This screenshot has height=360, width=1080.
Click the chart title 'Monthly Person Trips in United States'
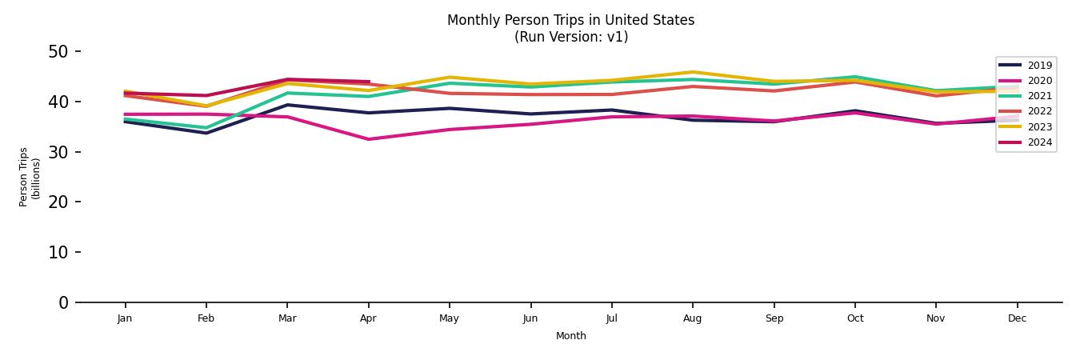[570, 20]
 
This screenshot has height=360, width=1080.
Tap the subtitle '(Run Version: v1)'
[570, 37]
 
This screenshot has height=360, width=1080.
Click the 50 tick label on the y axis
[58, 52]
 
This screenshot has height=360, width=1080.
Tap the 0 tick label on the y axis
[64, 302]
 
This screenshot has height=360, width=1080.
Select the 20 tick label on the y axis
[58, 202]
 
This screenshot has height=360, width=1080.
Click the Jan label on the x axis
[125, 318]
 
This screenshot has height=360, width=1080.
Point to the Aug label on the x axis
[693, 318]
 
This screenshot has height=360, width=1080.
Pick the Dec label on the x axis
[1017, 318]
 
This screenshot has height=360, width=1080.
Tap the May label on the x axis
[449, 318]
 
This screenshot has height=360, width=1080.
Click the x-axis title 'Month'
[570, 336]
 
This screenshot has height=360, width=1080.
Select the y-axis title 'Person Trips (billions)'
[30, 177]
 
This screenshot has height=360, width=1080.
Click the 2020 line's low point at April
[368, 139]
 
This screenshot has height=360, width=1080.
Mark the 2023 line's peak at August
[693, 72]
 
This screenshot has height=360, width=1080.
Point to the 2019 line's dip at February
[206, 133]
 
